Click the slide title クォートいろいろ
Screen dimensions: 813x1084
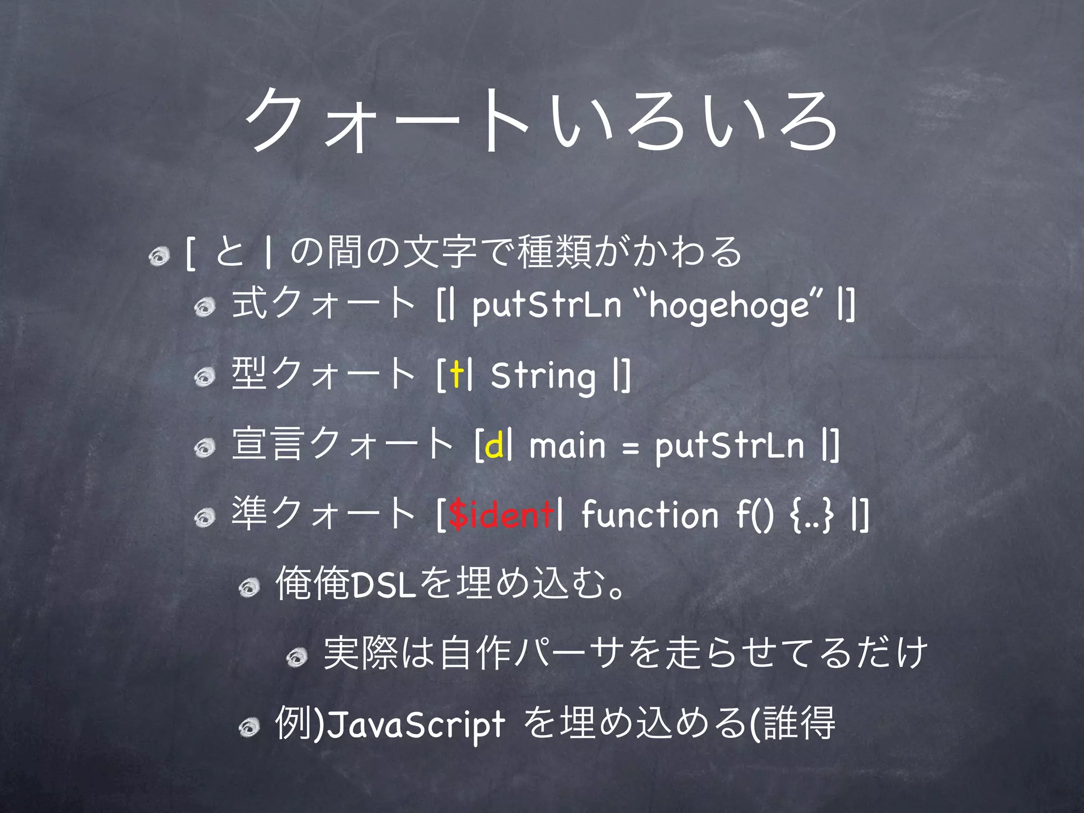[541, 121]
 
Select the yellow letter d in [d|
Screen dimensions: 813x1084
[494, 446]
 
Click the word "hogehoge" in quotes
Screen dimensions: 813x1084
[728, 306]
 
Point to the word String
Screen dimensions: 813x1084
[543, 376]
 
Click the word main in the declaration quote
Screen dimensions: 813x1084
[567, 446]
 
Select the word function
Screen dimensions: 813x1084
[649, 514]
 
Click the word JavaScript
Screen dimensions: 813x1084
[415, 724]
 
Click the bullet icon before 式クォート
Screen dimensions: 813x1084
[204, 307]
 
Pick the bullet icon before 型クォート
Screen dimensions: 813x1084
[204, 377]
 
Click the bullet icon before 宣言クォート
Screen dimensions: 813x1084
[204, 448]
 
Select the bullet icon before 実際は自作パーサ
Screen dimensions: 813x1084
[296, 657]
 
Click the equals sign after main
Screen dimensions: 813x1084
[630, 449]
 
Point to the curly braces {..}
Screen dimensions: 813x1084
[811, 515]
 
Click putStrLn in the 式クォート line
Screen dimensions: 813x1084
[547, 306]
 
